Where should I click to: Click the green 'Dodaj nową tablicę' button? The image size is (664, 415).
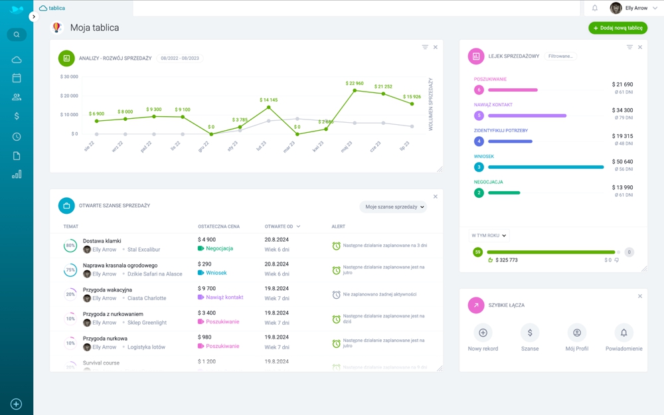point(618,28)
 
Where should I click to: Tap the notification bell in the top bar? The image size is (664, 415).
point(595,8)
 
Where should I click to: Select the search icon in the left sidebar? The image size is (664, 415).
point(17,35)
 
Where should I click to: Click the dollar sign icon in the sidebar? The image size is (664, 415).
point(17,116)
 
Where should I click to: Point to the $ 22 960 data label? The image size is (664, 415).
point(355,84)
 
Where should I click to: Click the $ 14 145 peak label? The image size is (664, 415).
point(268,100)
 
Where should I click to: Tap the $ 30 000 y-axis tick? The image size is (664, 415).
point(69,76)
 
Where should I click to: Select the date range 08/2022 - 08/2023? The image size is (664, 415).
point(180,58)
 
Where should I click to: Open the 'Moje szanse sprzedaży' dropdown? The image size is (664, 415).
point(393,207)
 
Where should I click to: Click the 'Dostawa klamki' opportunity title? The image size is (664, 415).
point(102,241)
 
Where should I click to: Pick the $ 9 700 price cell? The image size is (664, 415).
point(207,289)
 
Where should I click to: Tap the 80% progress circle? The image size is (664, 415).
point(70,246)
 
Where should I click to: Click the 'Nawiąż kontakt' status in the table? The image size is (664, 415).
point(224,297)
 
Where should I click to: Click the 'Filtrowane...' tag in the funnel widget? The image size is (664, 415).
point(560,56)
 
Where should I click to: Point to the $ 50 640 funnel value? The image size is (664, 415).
point(622,162)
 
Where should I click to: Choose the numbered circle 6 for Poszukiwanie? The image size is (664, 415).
point(479,90)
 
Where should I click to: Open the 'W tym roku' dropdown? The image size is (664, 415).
point(489,236)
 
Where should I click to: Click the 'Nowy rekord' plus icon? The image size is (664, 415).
point(483,333)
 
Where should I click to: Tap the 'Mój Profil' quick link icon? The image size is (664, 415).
point(577,333)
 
